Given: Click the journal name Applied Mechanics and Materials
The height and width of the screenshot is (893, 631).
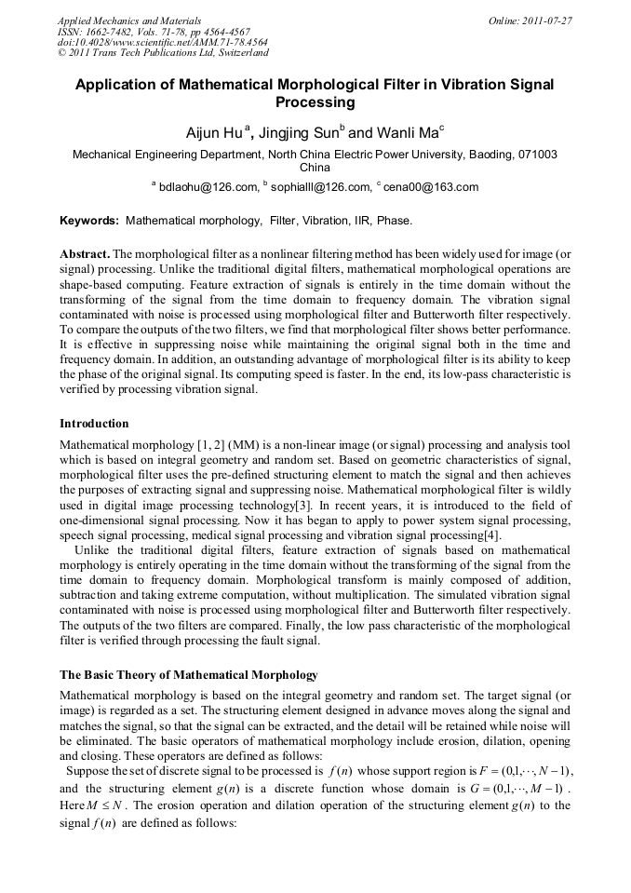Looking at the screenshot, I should coord(129,20).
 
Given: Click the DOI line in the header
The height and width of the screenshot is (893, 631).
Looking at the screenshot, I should coord(162,42).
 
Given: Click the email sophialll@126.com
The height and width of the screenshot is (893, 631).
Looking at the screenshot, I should coord(320,187).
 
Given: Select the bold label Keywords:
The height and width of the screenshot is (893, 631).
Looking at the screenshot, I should coord(89,222).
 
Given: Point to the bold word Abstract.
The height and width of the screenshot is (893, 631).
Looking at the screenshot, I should coord(86,253).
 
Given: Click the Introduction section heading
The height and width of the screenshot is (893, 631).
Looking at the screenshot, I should coord(94,424).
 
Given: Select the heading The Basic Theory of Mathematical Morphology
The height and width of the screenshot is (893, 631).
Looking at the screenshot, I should coord(189,674).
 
